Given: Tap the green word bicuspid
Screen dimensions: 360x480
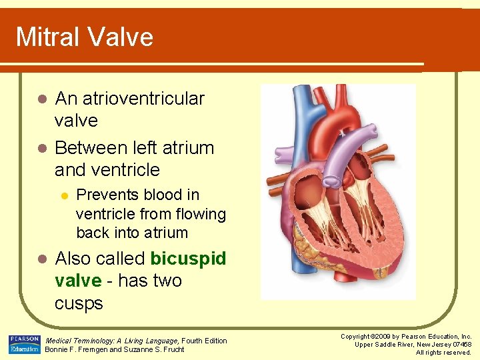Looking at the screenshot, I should pyautogui.click(x=189, y=258).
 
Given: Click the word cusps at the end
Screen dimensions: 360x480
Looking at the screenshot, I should pyautogui.click(x=79, y=303).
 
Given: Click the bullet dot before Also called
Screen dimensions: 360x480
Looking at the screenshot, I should pyautogui.click(x=41, y=259).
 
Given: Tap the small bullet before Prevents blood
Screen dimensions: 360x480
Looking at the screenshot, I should pyautogui.click(x=64, y=195).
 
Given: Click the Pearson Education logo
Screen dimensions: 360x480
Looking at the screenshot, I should pyautogui.click(x=24, y=345).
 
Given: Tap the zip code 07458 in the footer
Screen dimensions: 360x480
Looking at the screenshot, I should pyautogui.click(x=459, y=345).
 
